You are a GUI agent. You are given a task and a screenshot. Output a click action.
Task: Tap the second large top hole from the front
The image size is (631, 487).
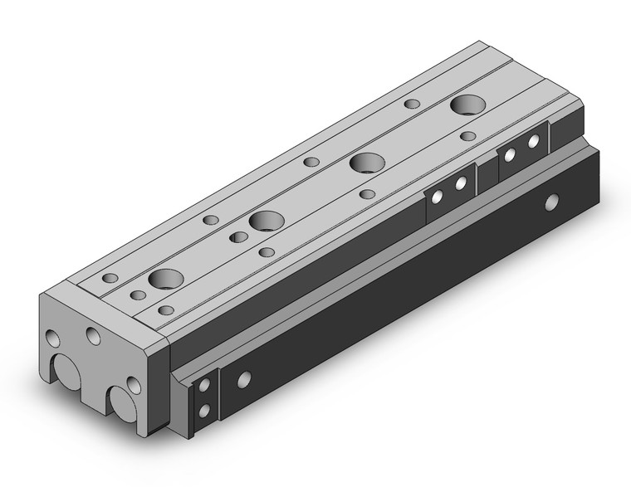(266, 222)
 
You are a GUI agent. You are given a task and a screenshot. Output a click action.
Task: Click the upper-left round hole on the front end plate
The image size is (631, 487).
(53, 338)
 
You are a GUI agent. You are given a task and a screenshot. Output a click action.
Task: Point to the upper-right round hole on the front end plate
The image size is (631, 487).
(92, 335)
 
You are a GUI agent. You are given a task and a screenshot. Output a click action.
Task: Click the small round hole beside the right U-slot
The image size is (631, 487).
(132, 384)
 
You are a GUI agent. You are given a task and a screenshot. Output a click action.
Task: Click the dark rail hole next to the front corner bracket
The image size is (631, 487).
(243, 380)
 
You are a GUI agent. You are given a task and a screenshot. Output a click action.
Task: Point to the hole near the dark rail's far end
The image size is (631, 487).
(550, 202)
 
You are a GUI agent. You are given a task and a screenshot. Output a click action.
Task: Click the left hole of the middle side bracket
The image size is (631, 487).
(434, 196)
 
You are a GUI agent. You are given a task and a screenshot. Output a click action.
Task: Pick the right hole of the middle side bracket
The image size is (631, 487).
(459, 184)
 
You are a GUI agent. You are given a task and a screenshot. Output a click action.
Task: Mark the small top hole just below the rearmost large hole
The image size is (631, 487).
(468, 135)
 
